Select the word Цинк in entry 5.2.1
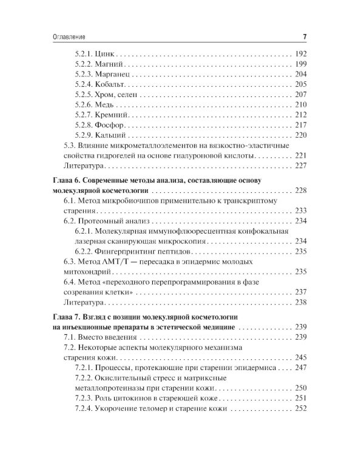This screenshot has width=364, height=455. [111, 53]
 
